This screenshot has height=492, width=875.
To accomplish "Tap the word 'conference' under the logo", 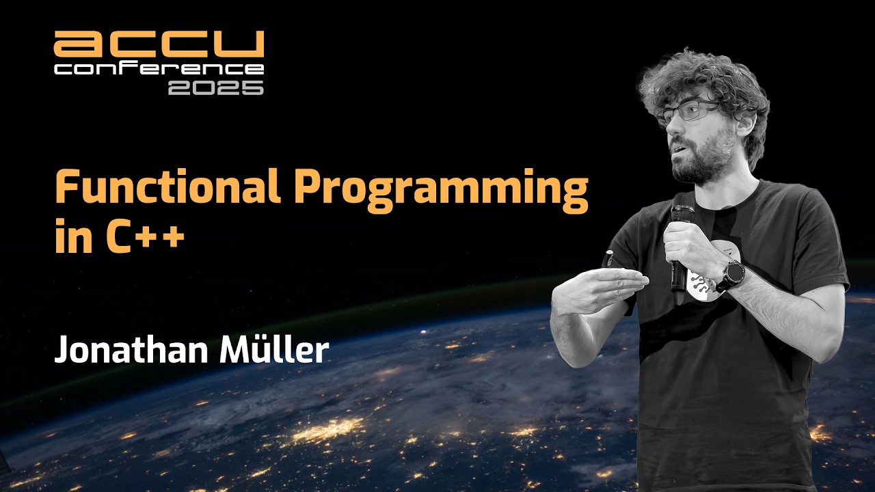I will tap(159, 69).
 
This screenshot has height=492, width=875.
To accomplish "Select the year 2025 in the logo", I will tap(215, 87).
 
